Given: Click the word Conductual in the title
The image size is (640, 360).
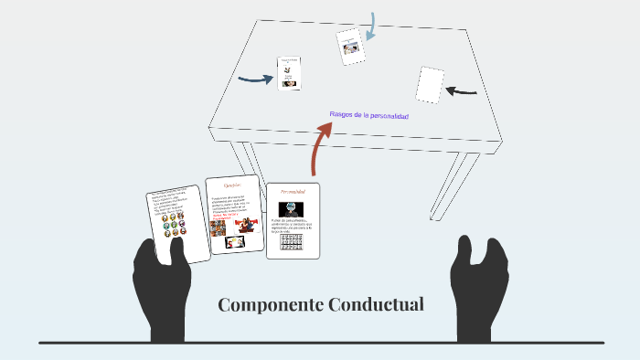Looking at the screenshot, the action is pos(376,304).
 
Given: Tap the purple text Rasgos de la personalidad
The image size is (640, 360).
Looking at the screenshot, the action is pos(368,116).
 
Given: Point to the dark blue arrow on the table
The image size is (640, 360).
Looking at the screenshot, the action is pos(256,79).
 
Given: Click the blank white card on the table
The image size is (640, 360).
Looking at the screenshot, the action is pos(430,85).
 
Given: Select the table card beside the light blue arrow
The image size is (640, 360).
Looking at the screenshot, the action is pos(349,47).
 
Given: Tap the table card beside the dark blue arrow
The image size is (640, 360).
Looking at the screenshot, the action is pos(290,73).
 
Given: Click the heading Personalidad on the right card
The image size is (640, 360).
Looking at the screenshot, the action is pos(293,192).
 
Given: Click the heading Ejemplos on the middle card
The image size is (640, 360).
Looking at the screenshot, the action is pos(232,185).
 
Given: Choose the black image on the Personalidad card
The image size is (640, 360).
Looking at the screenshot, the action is pos(293,209).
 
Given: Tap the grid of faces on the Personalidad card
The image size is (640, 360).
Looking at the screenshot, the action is pos(293,242).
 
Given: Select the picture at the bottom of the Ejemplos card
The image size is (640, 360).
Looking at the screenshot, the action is pos(235,243).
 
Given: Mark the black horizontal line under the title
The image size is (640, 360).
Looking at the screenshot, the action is pos(320,343).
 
